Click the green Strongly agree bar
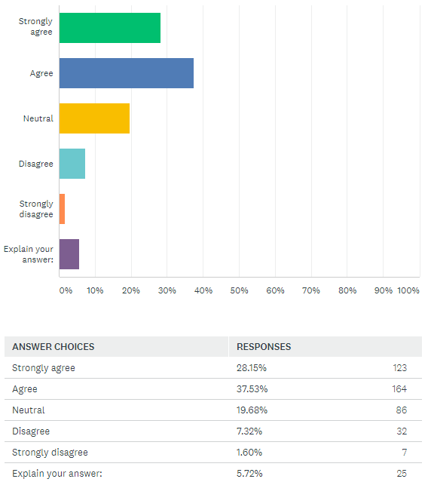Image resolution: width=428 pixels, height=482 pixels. coord(110,28)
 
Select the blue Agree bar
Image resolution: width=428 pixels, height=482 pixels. coord(127,73)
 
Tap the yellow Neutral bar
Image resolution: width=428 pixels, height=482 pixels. coord(94,118)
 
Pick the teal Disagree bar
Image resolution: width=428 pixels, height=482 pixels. coord(72,164)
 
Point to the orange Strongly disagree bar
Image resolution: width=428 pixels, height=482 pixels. coord(62,209)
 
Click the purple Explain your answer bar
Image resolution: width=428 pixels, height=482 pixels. coord(69,254)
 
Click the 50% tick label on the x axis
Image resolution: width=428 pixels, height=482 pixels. coord(239,290)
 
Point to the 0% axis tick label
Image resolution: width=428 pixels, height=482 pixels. coord(66,290)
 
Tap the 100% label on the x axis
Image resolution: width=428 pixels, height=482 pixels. coord(408,290)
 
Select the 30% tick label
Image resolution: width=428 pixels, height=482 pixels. coord(167,290)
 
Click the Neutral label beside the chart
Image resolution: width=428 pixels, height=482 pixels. coord(38,118)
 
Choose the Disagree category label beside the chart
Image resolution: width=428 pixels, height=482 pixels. coord(36,164)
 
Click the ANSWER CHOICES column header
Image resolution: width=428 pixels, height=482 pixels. coord(53,347)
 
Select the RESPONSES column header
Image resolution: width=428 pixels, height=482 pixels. coord(264,347)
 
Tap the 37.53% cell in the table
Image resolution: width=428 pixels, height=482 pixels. coord(252,389)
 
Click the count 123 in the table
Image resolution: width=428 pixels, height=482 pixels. coord(400,368)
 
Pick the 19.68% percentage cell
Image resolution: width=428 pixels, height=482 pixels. coord(252,410)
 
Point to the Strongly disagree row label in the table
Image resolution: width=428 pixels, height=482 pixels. coord(50,453)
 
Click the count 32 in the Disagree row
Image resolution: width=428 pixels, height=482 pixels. coord(402,431)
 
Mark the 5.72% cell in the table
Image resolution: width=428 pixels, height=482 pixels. coord(249,474)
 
